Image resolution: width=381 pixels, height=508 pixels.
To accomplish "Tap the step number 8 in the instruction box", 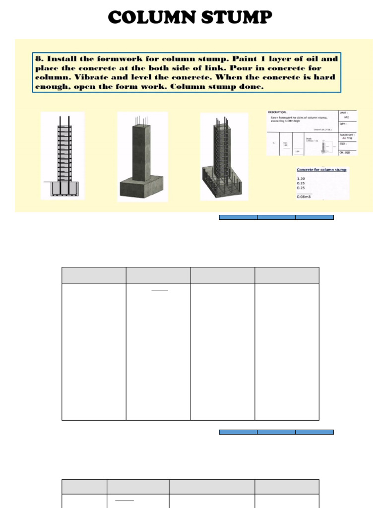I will pos(38,59).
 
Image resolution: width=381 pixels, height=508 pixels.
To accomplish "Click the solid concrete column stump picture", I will pos(142,156).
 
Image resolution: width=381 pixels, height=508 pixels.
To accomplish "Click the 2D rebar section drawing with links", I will pos(63,156).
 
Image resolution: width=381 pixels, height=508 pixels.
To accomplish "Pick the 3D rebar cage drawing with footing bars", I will pos(224,156).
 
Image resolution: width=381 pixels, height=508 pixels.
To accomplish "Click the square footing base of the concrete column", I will pos(142,189).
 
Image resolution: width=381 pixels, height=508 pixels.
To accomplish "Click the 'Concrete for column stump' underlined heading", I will pos(322,170).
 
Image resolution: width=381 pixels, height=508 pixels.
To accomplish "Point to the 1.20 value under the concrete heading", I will pos(302,178).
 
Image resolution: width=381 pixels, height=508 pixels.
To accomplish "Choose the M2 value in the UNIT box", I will pos(346,118).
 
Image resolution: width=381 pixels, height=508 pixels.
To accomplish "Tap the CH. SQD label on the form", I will pos(346,152).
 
